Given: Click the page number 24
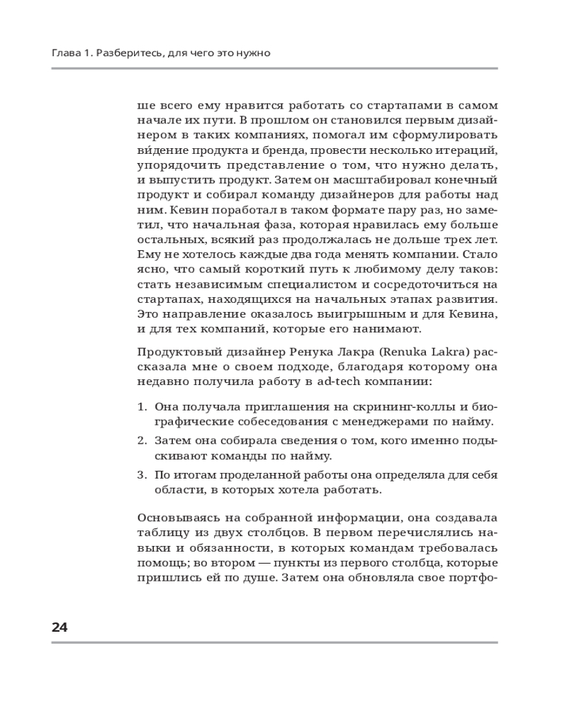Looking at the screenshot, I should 60,627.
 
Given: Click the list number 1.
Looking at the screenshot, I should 140,407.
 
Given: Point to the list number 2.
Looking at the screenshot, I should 140,441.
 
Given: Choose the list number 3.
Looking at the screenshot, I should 140,474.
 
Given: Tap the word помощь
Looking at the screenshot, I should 162,564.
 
